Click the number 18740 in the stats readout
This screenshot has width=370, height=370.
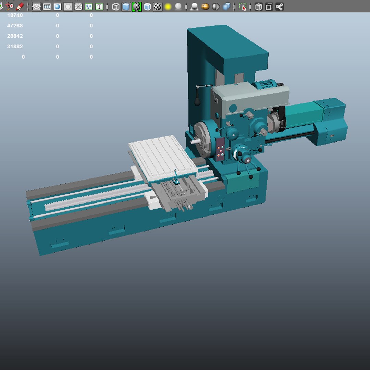[15, 15]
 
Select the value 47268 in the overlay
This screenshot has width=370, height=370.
[15, 26]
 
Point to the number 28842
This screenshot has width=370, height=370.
[15, 36]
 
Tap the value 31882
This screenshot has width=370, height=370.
[15, 46]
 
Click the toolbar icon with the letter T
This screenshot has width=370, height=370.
[99, 7]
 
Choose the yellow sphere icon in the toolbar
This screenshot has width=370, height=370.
[168, 7]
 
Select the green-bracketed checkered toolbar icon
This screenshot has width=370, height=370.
[137, 7]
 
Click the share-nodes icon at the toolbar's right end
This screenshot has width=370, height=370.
[280, 7]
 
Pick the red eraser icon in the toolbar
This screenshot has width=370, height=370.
[20, 7]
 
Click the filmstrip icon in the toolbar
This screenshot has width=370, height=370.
[47, 7]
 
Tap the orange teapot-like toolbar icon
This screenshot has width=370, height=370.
[205, 7]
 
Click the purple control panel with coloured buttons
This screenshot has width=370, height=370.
[221, 149]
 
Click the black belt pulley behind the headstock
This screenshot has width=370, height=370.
[281, 118]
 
